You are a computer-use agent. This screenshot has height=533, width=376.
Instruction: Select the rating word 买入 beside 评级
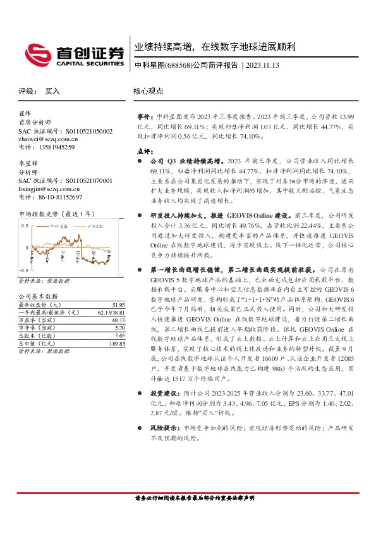(x=52, y=91)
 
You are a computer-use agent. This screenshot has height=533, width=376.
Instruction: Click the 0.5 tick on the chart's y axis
(x=24, y=225)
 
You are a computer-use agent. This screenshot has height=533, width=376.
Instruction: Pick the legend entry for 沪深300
(x=95, y=226)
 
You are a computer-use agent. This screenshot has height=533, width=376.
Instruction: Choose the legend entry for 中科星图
(x=56, y=226)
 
